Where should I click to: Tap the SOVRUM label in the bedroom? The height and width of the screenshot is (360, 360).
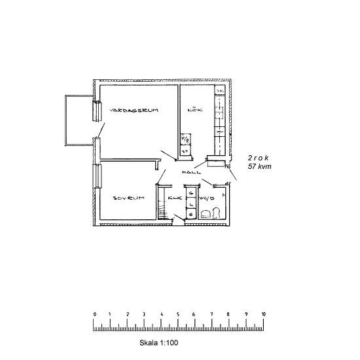point(128,198)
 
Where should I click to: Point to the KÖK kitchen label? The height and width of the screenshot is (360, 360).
point(195,110)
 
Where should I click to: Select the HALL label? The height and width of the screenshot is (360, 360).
point(191,172)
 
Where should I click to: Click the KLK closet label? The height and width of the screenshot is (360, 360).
point(174,198)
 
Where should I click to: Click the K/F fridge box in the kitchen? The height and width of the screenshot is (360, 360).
point(185,139)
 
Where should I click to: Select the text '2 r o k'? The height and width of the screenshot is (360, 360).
point(259,158)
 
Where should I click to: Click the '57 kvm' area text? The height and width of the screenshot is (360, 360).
point(260,168)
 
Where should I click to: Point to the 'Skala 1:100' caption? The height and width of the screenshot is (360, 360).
point(159,342)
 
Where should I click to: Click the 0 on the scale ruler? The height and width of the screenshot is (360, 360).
point(95,314)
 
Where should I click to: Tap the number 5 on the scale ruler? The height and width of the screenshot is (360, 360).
point(178,314)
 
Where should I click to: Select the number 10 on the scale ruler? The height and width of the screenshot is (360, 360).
point(263,314)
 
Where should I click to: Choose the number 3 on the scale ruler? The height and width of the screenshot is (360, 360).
point(145,314)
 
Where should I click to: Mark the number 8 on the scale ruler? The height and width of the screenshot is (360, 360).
point(228,314)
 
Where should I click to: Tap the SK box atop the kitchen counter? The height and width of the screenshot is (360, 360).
point(221,91)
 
